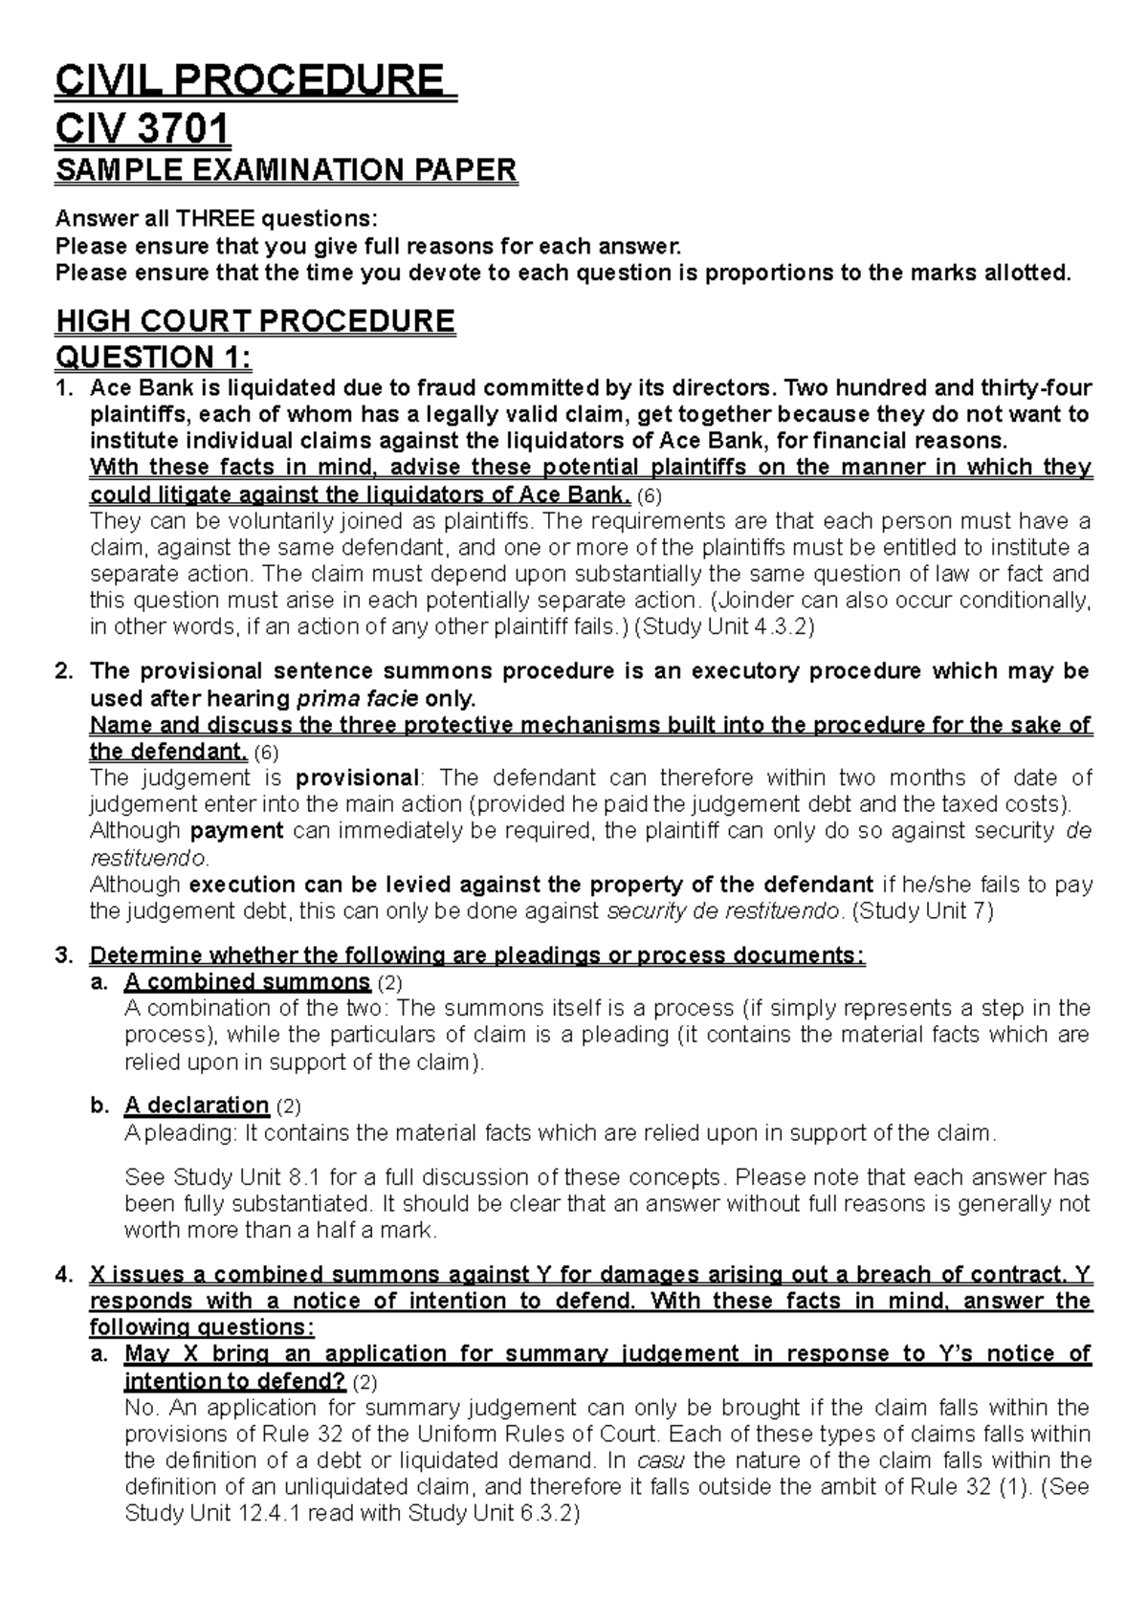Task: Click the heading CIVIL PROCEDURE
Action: pos(254,80)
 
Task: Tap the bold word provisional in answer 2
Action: pos(359,778)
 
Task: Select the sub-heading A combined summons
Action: pos(247,982)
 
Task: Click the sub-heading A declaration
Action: pos(196,1106)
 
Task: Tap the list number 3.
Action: pos(63,955)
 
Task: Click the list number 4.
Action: pos(63,1275)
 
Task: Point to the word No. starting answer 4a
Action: pos(140,1407)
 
